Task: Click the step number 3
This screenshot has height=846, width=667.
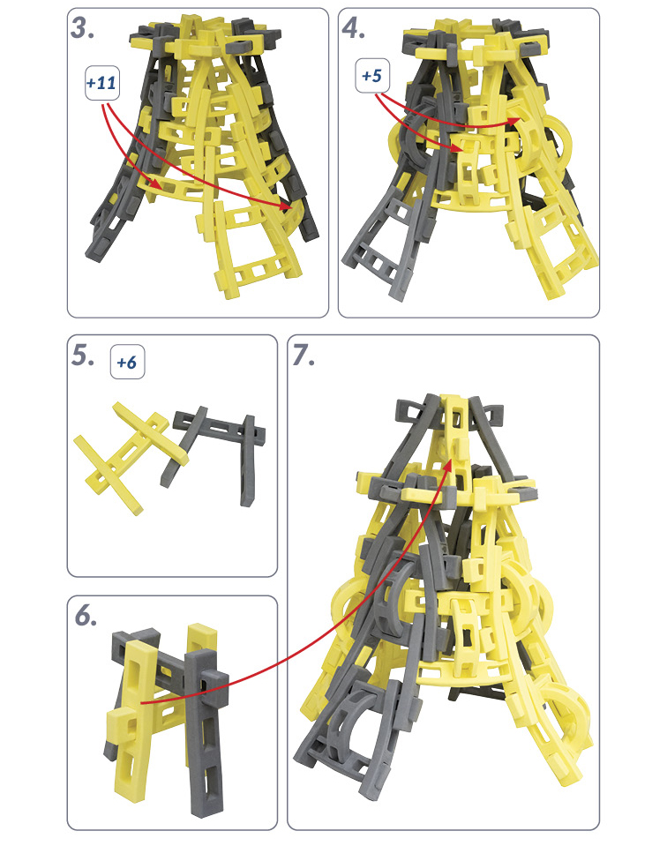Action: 83,28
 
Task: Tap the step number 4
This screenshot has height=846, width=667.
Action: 354,28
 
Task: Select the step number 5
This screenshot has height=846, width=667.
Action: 83,356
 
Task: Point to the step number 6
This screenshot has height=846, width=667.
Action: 86,616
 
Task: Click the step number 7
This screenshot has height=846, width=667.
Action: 304,356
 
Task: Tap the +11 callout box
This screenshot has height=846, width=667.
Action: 102,83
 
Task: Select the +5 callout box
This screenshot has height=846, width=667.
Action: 372,76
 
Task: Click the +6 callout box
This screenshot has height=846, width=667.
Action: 127,362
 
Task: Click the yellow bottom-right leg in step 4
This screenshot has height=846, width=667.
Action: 551,243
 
